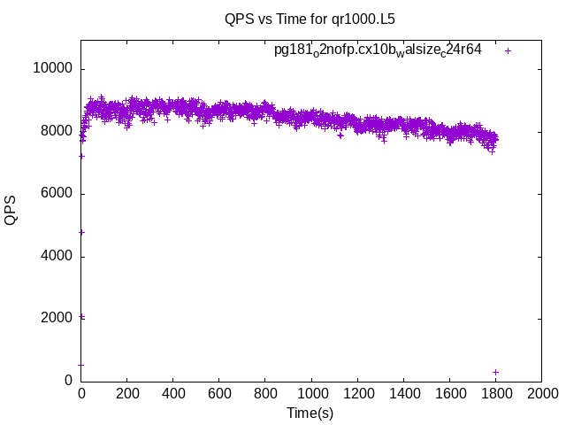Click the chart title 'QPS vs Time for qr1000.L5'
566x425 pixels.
310,18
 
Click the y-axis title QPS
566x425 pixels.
11,210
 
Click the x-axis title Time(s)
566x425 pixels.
310,413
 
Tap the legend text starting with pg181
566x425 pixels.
378,50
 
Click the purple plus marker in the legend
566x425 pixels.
508,50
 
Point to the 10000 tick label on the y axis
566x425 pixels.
52,69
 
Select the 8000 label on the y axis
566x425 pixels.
56,131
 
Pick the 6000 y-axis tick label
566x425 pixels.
56,194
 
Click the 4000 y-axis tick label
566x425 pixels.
56,256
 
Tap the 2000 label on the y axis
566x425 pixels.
56,318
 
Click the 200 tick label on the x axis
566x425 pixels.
127,393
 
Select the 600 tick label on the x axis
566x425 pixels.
219,393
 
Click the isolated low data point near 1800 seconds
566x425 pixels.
496,372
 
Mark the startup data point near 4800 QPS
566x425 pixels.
81,232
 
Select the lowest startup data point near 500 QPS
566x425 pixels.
81,365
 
